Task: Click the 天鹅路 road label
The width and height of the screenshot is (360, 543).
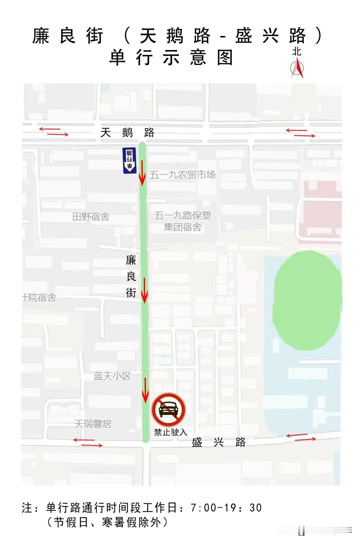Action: tap(127, 133)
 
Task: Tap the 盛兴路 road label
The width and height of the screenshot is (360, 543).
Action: tap(219, 442)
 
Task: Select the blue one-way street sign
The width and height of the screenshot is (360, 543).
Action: tap(129, 160)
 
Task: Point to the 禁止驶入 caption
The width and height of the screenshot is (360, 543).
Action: tap(170, 432)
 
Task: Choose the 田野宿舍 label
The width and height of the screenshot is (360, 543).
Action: tap(91, 217)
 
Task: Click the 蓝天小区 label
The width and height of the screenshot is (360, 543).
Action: tap(112, 376)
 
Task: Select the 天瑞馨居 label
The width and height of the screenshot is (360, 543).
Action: tap(93, 424)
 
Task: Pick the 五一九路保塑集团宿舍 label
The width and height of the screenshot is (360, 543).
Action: tap(183, 221)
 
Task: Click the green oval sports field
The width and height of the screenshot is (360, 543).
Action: tap(307, 300)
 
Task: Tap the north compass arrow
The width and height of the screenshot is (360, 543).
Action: tap(297, 68)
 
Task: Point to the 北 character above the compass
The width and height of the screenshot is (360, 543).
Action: tap(297, 52)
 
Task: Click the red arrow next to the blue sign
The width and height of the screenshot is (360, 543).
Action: tap(142, 173)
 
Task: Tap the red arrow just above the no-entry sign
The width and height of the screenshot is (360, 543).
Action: tap(145, 390)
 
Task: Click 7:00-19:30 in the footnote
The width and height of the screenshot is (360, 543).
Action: tap(226, 508)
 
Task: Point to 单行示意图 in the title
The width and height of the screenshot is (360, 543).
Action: tap(171, 58)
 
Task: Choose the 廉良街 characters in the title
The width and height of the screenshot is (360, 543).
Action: tap(68, 36)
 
